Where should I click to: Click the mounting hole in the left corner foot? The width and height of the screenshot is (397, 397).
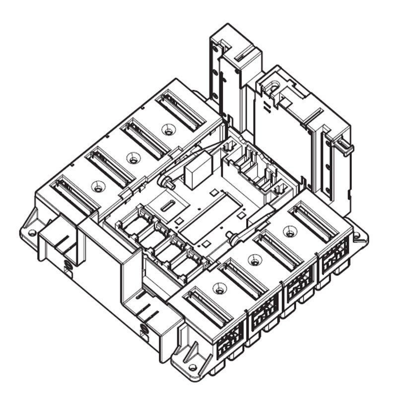pyautogui.click(x=32, y=232)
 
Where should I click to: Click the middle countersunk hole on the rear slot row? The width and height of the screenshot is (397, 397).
pyautogui.click(x=132, y=158)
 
